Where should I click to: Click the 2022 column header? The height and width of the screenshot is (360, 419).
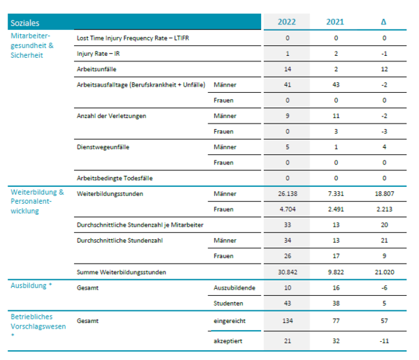tap(286, 22)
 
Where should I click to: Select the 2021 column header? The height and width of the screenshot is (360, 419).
tap(335, 22)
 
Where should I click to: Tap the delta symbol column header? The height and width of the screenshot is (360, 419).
tap(383, 22)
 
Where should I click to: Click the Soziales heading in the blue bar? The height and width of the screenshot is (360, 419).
tap(25, 23)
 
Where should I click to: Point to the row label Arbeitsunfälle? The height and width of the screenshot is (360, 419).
tap(96, 69)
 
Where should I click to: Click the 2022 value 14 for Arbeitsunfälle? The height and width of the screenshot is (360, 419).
tap(288, 69)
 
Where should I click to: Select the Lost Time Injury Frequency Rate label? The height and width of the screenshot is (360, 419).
tap(133, 38)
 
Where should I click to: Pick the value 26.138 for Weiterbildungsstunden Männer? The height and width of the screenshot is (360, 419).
tap(288, 194)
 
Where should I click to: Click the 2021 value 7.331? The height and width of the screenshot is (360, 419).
tap(336, 194)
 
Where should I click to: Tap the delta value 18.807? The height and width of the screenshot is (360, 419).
tap(384, 194)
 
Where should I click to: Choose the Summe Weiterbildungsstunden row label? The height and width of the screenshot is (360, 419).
tap(122, 272)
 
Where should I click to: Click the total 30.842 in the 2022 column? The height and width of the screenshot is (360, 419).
tap(288, 272)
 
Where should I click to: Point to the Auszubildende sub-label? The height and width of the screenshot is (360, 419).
tap(235, 288)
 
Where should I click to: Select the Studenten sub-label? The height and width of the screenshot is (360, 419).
tap(228, 303)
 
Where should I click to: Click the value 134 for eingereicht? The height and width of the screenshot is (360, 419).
tap(288, 321)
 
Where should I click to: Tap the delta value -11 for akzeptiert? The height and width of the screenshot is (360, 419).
tap(384, 341)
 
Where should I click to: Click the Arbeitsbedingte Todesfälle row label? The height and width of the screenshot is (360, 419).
tap(115, 178)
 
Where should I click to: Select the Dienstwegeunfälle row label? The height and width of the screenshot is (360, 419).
tap(103, 147)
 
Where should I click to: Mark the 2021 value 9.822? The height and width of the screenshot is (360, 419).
tap(336, 272)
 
